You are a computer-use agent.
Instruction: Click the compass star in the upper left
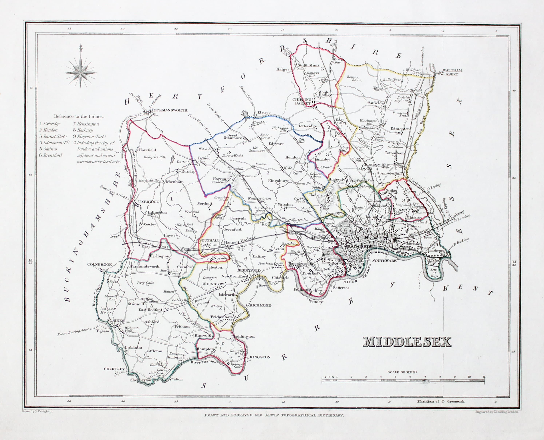pos(81,72)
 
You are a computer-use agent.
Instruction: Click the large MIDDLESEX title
pos(407,342)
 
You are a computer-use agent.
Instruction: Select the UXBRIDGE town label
pos(148,202)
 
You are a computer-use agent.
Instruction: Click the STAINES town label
pos(116,321)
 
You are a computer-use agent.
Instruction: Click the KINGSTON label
pos(260,357)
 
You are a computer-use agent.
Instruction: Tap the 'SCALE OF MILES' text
pos(402,372)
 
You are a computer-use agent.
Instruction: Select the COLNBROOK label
pos(100,264)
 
